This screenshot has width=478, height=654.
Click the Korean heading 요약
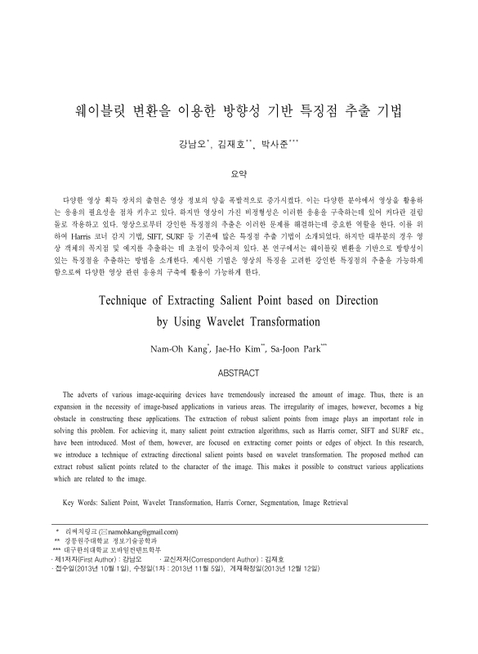(239, 173)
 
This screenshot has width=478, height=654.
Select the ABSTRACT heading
(239, 373)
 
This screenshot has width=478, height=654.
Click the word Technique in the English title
(132, 299)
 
